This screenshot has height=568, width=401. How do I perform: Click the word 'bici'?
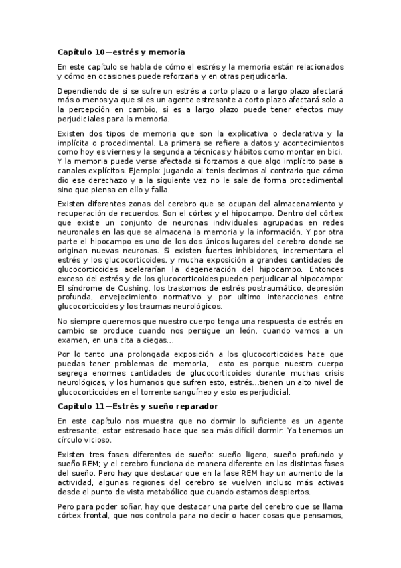pyautogui.click(x=335, y=152)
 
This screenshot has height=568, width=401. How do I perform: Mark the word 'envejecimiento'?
pyautogui.click(x=129, y=297)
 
